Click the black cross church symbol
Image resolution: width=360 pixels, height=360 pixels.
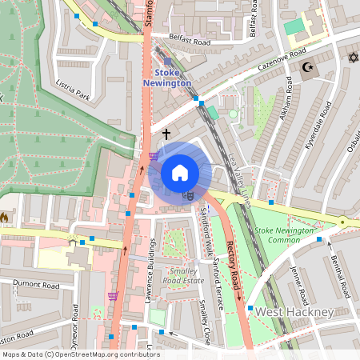166,134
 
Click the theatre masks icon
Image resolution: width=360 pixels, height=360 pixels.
188,194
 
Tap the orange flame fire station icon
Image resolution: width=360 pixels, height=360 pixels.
4,217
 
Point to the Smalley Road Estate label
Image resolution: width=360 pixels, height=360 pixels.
182,276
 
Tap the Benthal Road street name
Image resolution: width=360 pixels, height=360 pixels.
341,276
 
